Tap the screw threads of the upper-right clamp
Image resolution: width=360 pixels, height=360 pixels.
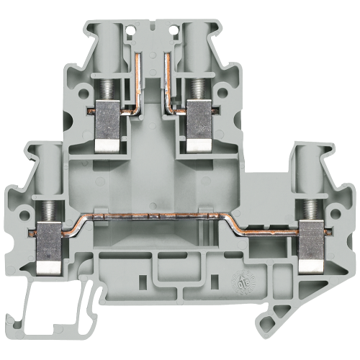194,90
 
